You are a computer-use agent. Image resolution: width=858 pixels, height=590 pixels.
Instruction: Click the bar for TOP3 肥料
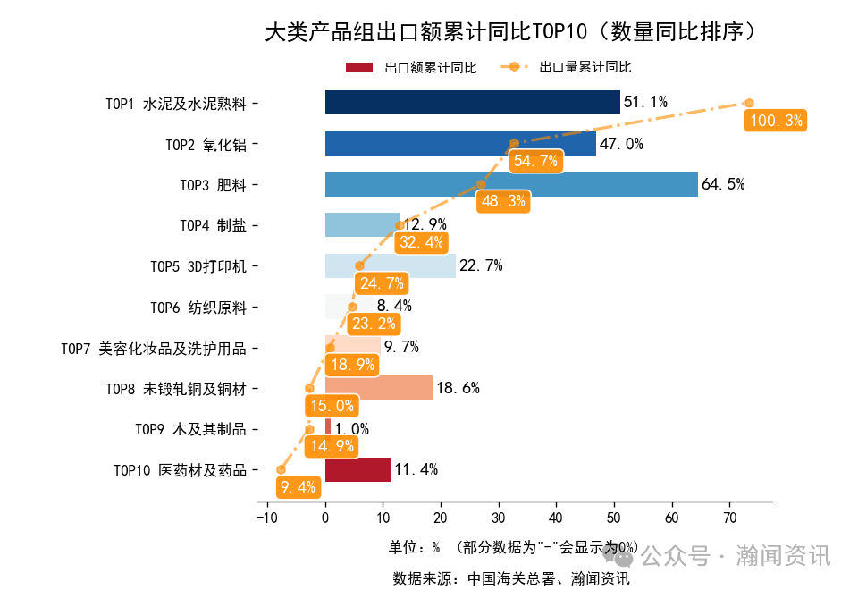511,184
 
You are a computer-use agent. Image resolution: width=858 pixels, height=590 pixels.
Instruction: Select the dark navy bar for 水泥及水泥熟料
472,103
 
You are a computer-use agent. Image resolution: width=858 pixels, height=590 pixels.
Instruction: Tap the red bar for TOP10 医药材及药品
357,469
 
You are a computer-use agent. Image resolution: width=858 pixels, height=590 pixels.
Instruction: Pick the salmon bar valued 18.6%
379,388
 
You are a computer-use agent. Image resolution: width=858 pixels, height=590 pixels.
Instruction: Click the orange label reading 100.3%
776,121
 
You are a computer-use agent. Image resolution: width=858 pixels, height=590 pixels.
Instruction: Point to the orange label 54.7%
535,161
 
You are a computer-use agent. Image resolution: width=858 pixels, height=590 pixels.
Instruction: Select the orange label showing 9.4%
299,487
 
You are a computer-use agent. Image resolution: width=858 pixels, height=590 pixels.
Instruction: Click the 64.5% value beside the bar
723,184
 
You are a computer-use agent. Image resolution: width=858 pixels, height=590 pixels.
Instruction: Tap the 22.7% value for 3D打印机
481,265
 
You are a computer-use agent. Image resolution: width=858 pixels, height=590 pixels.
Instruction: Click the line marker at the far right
749,104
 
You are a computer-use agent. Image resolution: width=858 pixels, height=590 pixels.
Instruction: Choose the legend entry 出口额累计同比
411,68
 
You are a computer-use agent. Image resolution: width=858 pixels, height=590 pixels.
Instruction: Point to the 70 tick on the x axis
729,517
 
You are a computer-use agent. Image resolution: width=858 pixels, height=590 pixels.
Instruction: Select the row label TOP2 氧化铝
206,145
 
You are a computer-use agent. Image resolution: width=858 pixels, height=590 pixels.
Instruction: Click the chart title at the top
515,32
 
